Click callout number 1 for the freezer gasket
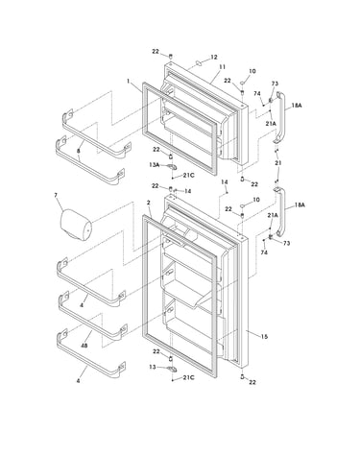tap(129, 81)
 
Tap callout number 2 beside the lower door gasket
tap(149, 203)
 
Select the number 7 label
tap(56, 194)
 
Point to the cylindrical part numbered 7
tap(76, 225)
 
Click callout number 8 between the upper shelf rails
tap(79, 150)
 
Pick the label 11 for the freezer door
tap(222, 67)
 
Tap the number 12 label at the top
tap(214, 57)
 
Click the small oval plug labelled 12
tap(199, 63)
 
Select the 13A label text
tap(154, 164)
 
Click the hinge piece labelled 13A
tap(172, 167)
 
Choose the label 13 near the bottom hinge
tap(153, 367)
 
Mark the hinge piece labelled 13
tap(172, 369)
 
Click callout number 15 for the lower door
tap(264, 337)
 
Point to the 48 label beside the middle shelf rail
tap(84, 346)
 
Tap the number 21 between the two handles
tap(278, 163)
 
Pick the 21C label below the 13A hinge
tap(188, 176)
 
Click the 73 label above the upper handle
tap(275, 84)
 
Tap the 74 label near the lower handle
tap(264, 252)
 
